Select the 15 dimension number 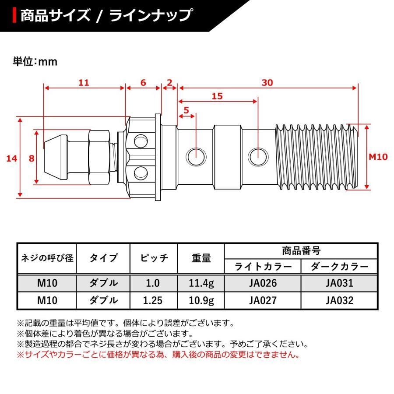[217, 96]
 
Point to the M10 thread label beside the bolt [377, 157]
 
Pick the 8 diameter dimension [32, 158]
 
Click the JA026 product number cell [263, 283]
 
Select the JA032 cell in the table [339, 300]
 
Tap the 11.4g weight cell [201, 283]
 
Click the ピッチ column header [154, 258]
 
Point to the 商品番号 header [301, 251]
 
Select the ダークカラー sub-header [339, 266]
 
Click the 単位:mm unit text [35, 62]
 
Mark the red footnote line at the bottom [158, 355]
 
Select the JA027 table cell [263, 300]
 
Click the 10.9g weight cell [201, 300]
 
